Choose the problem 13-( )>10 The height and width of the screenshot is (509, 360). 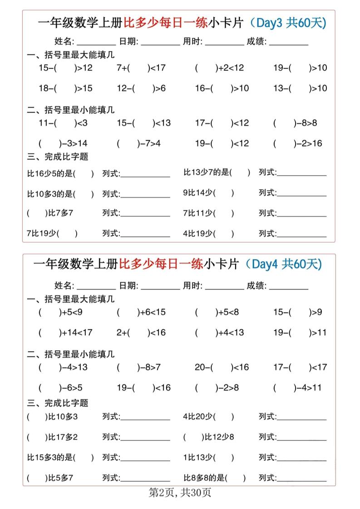point(300,88)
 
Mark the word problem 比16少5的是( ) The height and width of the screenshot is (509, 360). point(60,173)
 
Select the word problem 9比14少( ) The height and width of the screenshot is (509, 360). point(208,193)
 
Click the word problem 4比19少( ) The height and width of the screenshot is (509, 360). point(208,234)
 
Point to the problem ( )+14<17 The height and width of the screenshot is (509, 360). point(65,333)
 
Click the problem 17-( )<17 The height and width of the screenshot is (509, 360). point(300,367)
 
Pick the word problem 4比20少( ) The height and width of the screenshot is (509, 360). point(208,416)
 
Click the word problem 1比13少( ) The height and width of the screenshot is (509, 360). point(208,457)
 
